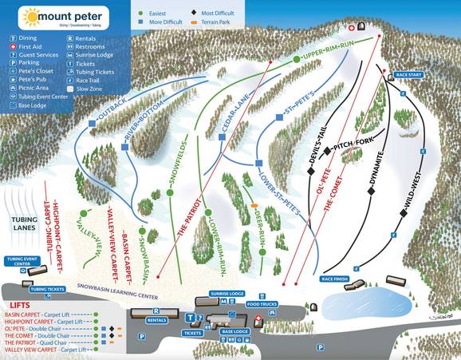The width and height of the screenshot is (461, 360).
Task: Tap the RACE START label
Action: pos(408,74)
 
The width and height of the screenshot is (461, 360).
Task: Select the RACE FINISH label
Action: pos(336,279)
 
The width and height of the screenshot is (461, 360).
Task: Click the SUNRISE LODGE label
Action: pos(227,294)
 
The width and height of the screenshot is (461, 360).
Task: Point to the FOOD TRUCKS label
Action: pos(262,304)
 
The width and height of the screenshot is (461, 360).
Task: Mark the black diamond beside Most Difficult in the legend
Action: pos(195,13)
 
